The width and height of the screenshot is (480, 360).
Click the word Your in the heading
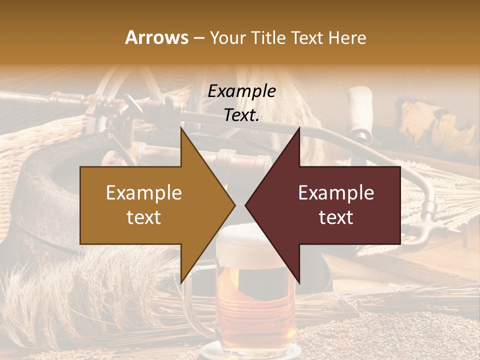click(x=227, y=37)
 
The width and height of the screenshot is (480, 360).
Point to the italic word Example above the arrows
click(x=241, y=91)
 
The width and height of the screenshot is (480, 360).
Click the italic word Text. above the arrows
click(x=241, y=115)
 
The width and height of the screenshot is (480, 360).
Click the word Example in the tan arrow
click(x=144, y=192)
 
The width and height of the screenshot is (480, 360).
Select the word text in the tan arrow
click(x=144, y=217)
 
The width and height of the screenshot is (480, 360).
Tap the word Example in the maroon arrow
click(x=336, y=192)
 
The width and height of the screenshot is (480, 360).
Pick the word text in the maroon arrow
click(x=336, y=217)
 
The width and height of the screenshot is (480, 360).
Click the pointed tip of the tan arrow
click(x=234, y=205)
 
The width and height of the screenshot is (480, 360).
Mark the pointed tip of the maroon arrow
click(x=246, y=205)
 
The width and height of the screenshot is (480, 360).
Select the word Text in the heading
click(x=309, y=37)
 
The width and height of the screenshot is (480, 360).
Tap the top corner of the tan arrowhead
click(x=181, y=128)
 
